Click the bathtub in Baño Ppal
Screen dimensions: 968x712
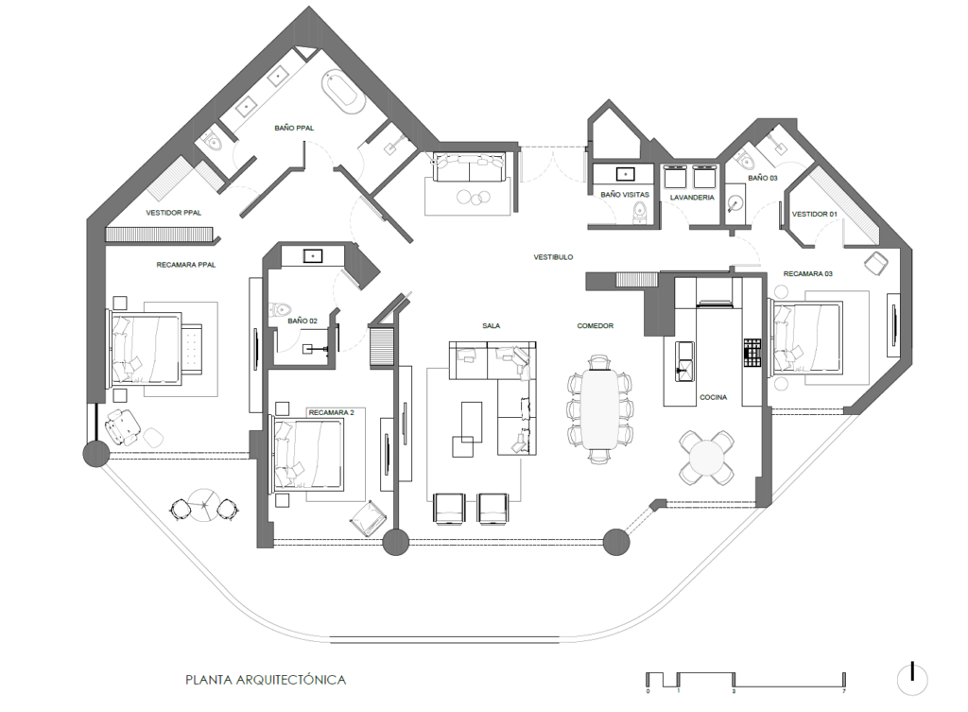coord(340,93)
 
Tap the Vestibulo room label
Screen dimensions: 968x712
coord(553,257)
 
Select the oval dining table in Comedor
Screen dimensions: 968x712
coord(599,408)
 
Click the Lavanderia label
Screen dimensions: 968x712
coord(692,198)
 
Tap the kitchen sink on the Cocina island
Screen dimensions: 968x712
coord(684,362)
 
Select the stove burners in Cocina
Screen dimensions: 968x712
coord(752,353)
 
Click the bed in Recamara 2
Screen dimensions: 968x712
coord(307,456)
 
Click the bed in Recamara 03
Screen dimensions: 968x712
coord(805,337)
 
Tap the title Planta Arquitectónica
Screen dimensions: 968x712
coord(266,681)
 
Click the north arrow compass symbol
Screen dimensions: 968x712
coord(913,679)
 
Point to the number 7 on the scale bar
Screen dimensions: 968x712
coord(843,691)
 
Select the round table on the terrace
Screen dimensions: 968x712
coord(204,505)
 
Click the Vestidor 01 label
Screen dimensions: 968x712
coord(814,215)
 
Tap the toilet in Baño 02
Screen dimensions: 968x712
coord(282,309)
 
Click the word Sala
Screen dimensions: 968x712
coord(492,325)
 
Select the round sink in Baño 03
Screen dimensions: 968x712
coord(735,204)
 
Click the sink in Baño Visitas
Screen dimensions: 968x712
coord(626,174)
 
